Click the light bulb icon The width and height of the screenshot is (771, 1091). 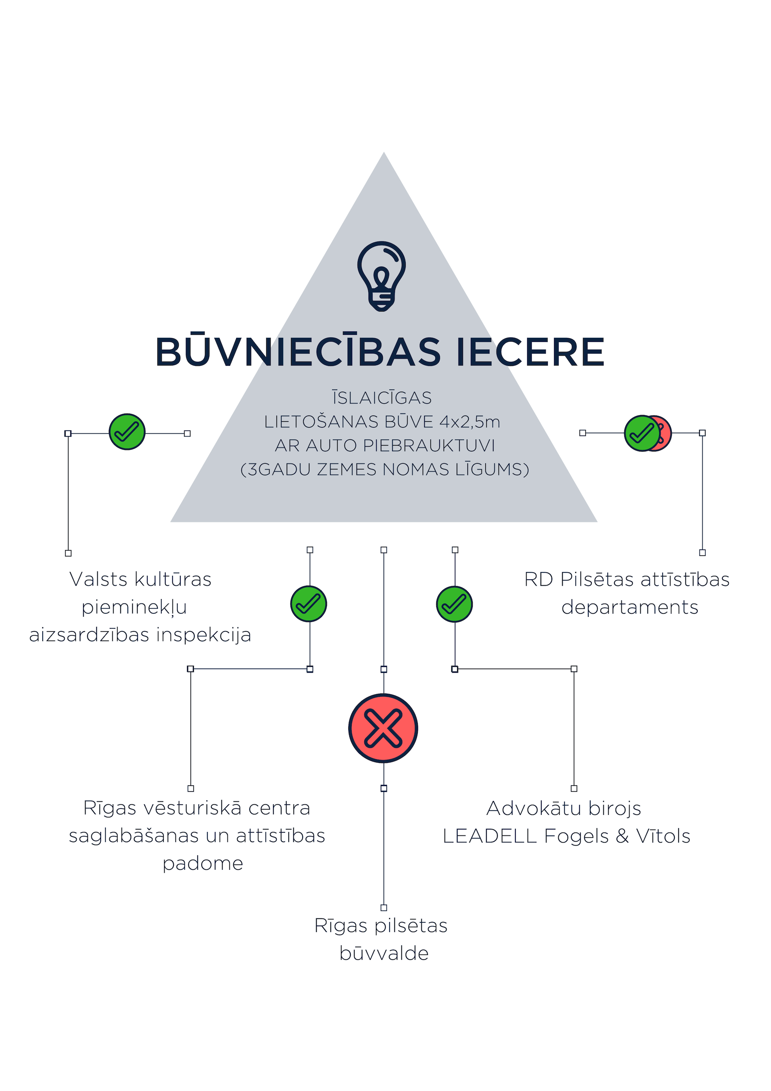pos(382,276)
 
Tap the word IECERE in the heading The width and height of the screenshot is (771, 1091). pos(531,352)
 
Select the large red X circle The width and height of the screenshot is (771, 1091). pos(383,728)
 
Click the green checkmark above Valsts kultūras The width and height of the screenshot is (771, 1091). pos(127,432)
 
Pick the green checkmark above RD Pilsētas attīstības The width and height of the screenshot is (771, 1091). pos(642,433)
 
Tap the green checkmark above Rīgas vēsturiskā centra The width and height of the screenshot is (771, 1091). pos(308,604)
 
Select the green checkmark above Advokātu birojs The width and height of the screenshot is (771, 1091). pos(454,605)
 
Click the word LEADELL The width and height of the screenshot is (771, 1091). pos(490,836)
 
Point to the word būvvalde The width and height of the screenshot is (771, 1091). pos(384,954)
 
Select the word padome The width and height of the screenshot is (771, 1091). pos(203,864)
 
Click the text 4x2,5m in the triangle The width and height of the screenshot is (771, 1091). pos(470,422)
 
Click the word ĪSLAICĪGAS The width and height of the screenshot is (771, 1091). pos(382,397)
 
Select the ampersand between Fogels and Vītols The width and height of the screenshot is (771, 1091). pos(622,836)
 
